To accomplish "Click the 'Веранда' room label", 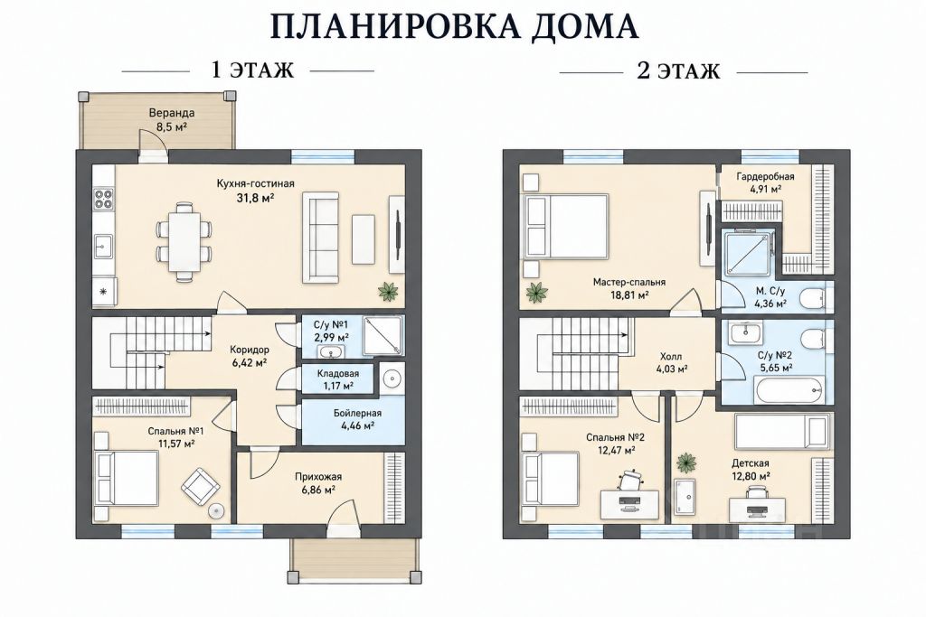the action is coord(172,113).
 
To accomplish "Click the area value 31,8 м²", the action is coord(256,198).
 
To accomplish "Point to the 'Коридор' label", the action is coord(250,350).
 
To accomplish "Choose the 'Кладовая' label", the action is coord(338,373).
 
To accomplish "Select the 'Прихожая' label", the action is coord(318,477).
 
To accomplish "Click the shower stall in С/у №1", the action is coord(383,336).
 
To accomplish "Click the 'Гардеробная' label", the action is coord(765,176).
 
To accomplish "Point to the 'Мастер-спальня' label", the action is coord(629,282).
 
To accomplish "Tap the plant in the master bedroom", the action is coord(538,292).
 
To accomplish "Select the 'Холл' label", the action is coord(671,356).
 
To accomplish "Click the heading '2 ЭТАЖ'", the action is coord(678,70).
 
